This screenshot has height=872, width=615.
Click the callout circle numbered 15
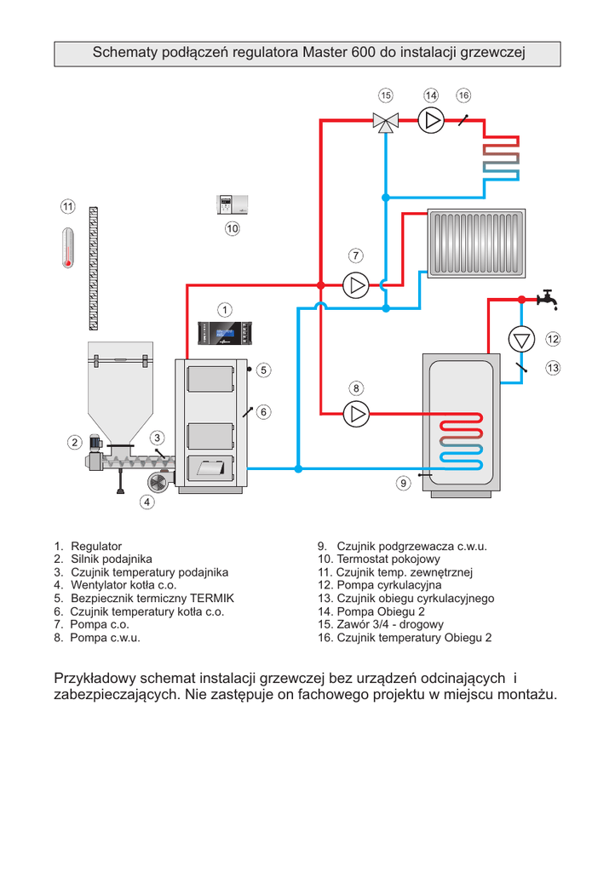click(x=386, y=95)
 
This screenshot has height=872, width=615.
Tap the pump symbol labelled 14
click(x=432, y=120)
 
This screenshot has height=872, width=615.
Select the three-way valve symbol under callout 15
click(x=386, y=123)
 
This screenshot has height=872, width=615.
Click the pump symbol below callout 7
click(x=355, y=284)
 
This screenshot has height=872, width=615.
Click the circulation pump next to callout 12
click(x=520, y=339)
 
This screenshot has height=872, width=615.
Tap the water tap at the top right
click(x=547, y=300)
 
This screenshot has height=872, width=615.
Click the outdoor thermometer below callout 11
click(x=68, y=247)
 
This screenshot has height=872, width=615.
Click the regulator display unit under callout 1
click(x=225, y=333)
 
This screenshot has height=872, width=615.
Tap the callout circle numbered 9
click(x=403, y=484)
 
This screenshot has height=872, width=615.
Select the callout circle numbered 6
click(x=264, y=412)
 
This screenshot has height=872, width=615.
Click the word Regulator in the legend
click(x=96, y=546)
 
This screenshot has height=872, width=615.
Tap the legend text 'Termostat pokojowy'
click(x=388, y=559)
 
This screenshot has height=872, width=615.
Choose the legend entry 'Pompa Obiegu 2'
click(x=381, y=611)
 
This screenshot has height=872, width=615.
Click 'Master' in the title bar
click(x=325, y=53)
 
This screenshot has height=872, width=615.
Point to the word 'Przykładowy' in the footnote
click(x=94, y=679)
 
